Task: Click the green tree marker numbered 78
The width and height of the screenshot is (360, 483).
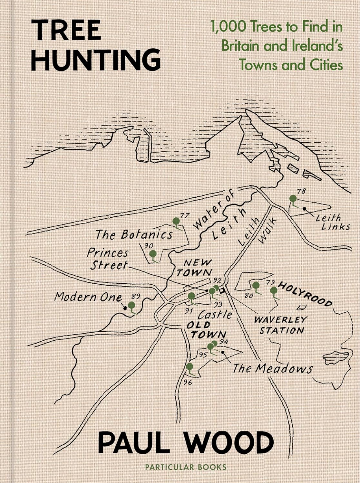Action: (x=293, y=199)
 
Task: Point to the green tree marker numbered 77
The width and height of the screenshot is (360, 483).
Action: (x=176, y=221)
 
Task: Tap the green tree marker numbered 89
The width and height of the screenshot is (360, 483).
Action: (x=131, y=305)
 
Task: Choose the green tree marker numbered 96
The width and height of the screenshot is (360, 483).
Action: (x=190, y=367)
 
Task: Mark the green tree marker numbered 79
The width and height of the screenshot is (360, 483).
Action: (x=274, y=291)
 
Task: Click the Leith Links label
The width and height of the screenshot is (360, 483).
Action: (x=332, y=223)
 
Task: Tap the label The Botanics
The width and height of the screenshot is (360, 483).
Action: (x=134, y=234)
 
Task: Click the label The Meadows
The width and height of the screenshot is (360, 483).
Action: (x=272, y=368)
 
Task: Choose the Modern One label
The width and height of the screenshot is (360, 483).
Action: (x=88, y=297)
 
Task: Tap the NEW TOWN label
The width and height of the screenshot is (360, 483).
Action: (x=194, y=268)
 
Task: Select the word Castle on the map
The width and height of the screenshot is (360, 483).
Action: (x=215, y=314)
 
